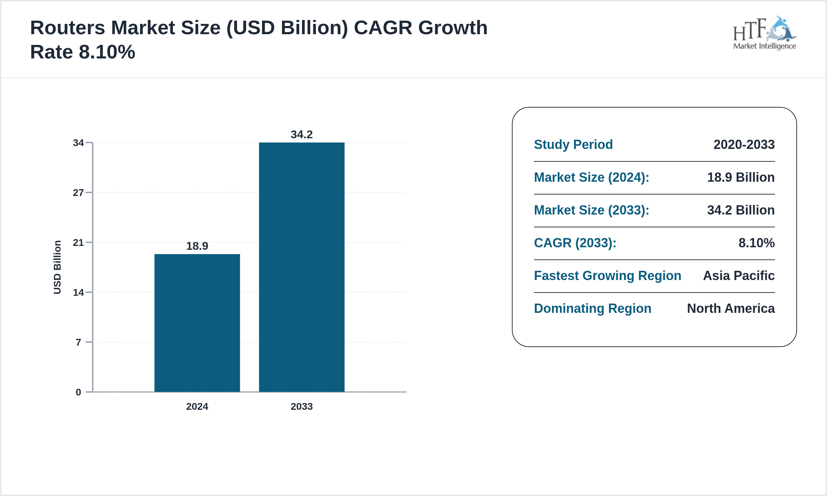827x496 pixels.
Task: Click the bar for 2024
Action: coord(197,322)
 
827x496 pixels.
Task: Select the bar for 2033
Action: coord(302,267)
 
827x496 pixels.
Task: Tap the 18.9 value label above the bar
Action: coord(197,246)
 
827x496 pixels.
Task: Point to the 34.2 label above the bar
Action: coord(302,134)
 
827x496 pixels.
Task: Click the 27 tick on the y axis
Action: coord(78,193)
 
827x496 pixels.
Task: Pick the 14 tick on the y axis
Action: coord(78,293)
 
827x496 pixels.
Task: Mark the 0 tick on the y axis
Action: coord(78,392)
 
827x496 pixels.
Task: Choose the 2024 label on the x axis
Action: coord(197,407)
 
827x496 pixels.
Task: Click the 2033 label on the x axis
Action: coord(302,407)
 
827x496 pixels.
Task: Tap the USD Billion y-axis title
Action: coord(57,267)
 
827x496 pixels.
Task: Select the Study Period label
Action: coord(573,145)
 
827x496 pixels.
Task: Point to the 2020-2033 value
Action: coord(744,145)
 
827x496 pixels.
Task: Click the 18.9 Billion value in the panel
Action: coord(741,177)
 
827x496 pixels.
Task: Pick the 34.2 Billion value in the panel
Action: coord(741,210)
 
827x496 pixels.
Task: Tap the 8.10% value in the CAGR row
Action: coord(756,243)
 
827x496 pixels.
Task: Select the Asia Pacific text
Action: coord(739,276)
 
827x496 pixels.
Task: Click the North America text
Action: coord(731,309)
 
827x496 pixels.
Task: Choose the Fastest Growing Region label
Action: coord(607,276)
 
